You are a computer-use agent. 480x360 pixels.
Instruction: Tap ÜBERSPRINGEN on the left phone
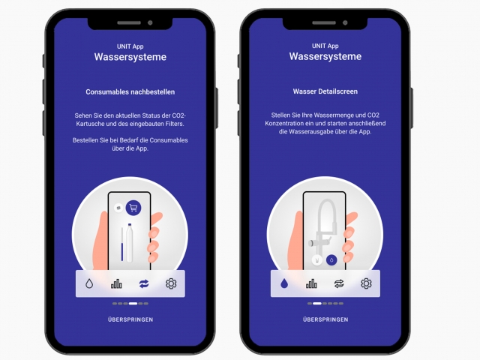click(130, 319)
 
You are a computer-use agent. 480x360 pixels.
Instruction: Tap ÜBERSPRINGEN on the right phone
click(325, 319)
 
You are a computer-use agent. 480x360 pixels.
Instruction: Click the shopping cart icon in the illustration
click(133, 208)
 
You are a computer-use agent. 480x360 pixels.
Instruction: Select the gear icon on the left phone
click(171, 283)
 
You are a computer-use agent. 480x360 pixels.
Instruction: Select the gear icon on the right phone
click(366, 283)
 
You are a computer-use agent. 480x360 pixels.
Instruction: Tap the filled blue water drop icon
click(284, 283)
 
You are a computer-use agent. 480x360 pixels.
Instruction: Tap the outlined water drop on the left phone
click(89, 283)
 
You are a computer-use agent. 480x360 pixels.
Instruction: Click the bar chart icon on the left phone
click(116, 283)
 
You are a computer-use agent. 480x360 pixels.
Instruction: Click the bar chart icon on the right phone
click(311, 283)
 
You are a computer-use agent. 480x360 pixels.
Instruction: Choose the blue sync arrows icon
click(143, 283)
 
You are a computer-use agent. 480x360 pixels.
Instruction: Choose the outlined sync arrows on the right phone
click(339, 283)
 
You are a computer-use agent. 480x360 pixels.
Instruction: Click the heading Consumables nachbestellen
click(130, 91)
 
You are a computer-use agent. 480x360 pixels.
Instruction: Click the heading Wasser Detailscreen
click(325, 91)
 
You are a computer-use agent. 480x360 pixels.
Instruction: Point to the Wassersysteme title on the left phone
click(130, 57)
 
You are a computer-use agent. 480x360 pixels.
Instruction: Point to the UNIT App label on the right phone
click(325, 46)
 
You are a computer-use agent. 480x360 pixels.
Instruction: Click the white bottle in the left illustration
click(130, 243)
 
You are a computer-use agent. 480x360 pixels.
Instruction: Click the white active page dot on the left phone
click(133, 304)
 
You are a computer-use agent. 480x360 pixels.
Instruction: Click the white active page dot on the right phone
click(317, 304)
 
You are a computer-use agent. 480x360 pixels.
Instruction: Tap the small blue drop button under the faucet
click(331, 260)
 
